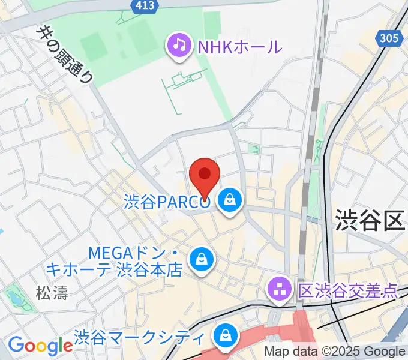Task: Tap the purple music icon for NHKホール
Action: coord(178,45)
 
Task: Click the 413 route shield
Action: coord(144,6)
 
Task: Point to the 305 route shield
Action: coord(389,39)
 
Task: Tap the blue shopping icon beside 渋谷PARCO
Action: coord(230,202)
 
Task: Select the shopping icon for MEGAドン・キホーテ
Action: coord(200,260)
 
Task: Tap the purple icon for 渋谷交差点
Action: coord(280,291)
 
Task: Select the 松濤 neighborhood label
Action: coord(52,293)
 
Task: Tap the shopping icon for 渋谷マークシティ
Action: coord(226,336)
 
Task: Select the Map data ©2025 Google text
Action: coord(335,352)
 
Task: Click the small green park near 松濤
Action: coord(13,298)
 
